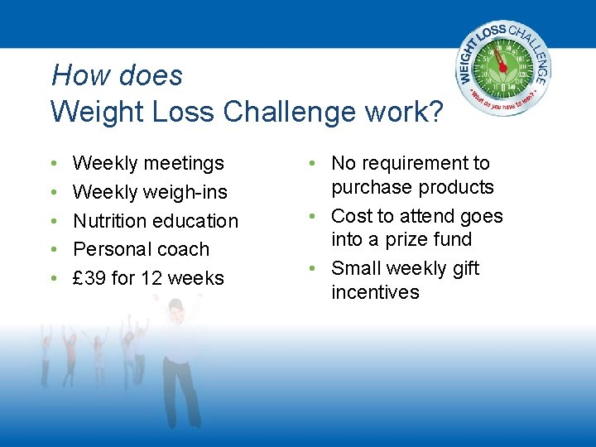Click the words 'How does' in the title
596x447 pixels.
[117, 76]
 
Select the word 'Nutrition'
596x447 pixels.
[112, 221]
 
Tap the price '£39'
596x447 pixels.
[89, 278]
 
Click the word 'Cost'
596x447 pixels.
[350, 216]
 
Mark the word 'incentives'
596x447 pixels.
[375, 292]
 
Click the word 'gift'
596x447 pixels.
[463, 268]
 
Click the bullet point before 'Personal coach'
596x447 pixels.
[54, 250]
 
